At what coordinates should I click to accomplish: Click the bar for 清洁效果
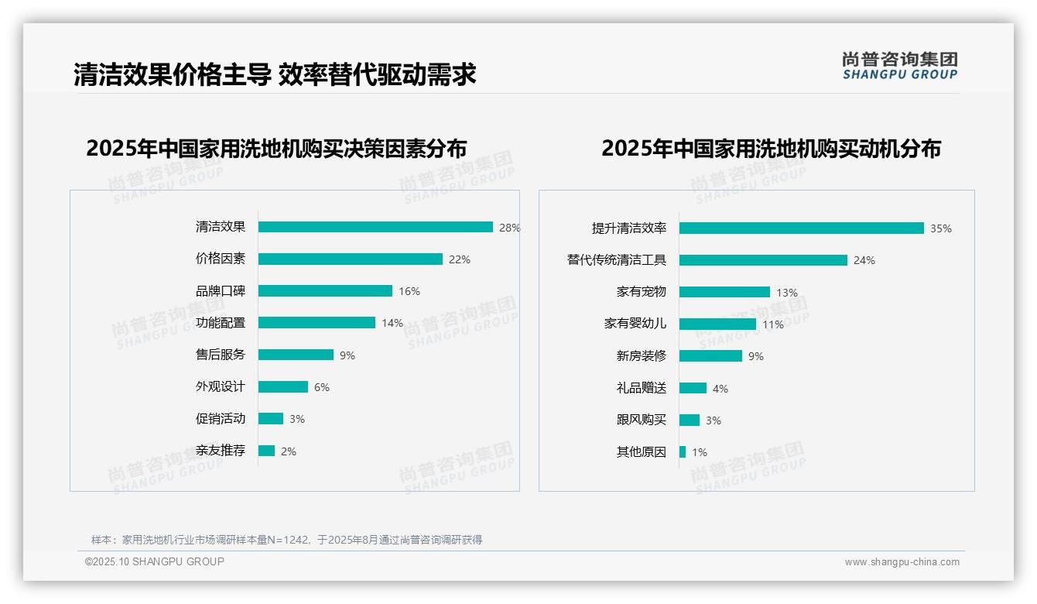click(375, 227)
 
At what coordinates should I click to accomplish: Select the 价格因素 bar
click(351, 259)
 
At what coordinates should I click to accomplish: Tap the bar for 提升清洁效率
click(801, 228)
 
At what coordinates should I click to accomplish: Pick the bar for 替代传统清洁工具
click(763, 260)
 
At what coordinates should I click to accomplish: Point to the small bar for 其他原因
click(683, 451)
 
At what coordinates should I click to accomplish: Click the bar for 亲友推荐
click(266, 451)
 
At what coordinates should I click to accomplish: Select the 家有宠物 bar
click(724, 292)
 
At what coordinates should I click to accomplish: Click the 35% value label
click(941, 228)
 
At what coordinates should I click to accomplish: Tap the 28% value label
click(509, 228)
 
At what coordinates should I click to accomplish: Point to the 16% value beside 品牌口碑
click(409, 291)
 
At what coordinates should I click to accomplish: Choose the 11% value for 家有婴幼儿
click(773, 324)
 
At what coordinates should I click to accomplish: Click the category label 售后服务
click(220, 355)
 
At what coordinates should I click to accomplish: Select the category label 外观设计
click(220, 386)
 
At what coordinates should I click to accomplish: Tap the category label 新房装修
click(641, 356)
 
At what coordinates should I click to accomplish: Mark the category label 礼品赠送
click(641, 388)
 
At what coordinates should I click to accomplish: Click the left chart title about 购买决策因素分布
click(276, 149)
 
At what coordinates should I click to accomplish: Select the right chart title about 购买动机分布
click(771, 149)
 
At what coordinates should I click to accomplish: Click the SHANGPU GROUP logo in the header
click(899, 66)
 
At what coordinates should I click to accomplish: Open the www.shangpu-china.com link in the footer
click(902, 562)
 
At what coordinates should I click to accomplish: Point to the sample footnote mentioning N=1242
click(286, 540)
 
